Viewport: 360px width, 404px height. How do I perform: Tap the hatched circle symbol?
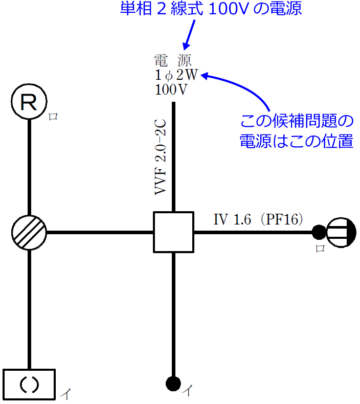tap(29, 233)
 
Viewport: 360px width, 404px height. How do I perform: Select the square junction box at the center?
tap(174, 232)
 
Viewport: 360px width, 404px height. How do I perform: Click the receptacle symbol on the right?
tap(341, 233)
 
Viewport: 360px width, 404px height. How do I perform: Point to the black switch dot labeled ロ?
tap(319, 233)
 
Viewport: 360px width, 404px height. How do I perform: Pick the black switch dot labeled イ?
tap(173, 383)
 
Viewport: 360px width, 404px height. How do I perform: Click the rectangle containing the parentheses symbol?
tap(29, 385)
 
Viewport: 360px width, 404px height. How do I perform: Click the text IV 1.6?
tap(232, 219)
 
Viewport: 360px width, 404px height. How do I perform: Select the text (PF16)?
tap(282, 219)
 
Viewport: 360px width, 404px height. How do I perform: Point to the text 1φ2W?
tap(176, 75)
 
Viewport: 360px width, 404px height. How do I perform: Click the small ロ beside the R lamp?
tap(53, 117)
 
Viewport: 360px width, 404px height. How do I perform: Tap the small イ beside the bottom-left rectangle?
tap(65, 394)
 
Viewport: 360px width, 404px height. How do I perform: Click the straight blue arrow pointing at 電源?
tap(188, 35)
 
